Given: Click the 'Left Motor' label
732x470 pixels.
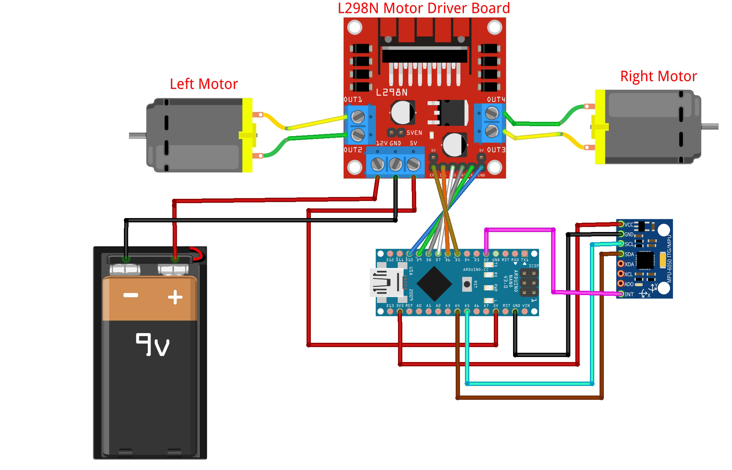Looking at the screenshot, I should [x=204, y=84].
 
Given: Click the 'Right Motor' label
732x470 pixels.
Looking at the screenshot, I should [x=658, y=76].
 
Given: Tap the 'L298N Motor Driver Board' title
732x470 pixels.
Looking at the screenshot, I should [x=424, y=8].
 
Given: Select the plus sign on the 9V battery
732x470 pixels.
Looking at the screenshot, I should [x=175, y=297].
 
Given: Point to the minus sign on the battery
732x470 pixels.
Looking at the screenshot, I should [x=131, y=295].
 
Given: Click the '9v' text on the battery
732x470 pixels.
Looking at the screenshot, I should [x=152, y=345].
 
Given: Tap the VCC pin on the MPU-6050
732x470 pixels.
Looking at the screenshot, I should [x=621, y=224].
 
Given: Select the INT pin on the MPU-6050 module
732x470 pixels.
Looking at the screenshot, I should [x=621, y=294].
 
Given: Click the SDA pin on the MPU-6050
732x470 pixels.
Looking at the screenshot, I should [x=621, y=254].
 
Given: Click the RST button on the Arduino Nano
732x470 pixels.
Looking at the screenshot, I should [x=467, y=284].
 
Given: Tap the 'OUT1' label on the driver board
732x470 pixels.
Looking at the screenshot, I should [x=353, y=99].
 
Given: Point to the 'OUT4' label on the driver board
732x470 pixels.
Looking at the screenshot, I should [x=496, y=99].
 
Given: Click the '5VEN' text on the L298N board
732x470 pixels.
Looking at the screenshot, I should [x=414, y=133].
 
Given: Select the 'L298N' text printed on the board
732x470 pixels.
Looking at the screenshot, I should [x=392, y=93].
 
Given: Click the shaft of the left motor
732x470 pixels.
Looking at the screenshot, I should [x=137, y=135].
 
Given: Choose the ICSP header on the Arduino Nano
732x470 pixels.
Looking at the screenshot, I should [x=529, y=283].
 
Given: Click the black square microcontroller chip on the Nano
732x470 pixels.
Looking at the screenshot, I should [x=434, y=284].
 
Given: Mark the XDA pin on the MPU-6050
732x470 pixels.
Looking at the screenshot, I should [x=621, y=264].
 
